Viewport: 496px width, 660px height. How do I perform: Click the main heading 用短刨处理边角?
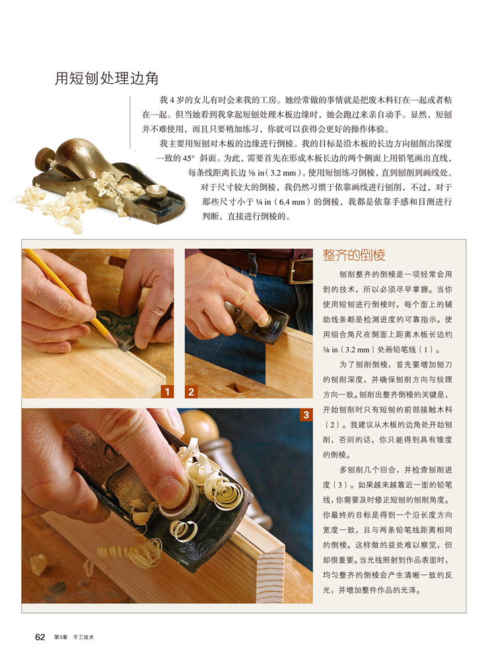(106, 79)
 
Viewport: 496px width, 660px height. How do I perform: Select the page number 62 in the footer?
(40, 637)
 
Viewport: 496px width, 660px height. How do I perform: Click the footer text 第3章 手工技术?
(75, 638)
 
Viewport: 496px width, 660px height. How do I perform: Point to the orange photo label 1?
(167, 391)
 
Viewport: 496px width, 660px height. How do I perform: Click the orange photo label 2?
(192, 391)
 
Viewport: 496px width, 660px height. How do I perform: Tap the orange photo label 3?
(306, 415)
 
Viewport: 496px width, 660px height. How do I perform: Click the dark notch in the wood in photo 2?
(233, 387)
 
